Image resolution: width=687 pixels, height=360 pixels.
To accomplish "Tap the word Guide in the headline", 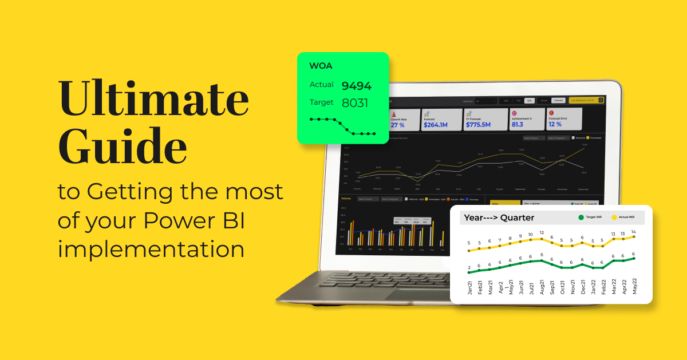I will point(123,148).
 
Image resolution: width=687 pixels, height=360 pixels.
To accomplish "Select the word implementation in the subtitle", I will point(151,250).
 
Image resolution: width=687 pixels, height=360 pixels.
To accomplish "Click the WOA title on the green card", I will point(321,66).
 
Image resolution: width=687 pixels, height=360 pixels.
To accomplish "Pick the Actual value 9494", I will point(356,86).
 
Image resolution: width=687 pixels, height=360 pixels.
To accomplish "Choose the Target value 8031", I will point(355,103).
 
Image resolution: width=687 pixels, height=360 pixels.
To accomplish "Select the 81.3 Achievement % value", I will point(517,124).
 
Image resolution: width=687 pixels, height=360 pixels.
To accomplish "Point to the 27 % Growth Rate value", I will point(397,124).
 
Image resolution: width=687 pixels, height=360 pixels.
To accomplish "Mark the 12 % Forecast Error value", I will point(555,124).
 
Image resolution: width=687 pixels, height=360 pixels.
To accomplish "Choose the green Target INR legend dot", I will point(581,217).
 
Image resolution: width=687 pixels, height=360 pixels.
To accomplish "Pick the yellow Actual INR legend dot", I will point(614,217).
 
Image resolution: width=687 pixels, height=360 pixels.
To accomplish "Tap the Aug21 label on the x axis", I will point(542,284).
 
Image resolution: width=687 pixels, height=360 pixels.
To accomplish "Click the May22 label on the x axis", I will point(634,284).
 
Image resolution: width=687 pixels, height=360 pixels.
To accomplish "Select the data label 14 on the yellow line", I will point(634,232).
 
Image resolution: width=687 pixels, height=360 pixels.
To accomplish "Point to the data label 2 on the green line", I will point(469,267).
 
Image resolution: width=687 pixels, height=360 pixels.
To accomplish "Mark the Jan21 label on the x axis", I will point(469,284).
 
